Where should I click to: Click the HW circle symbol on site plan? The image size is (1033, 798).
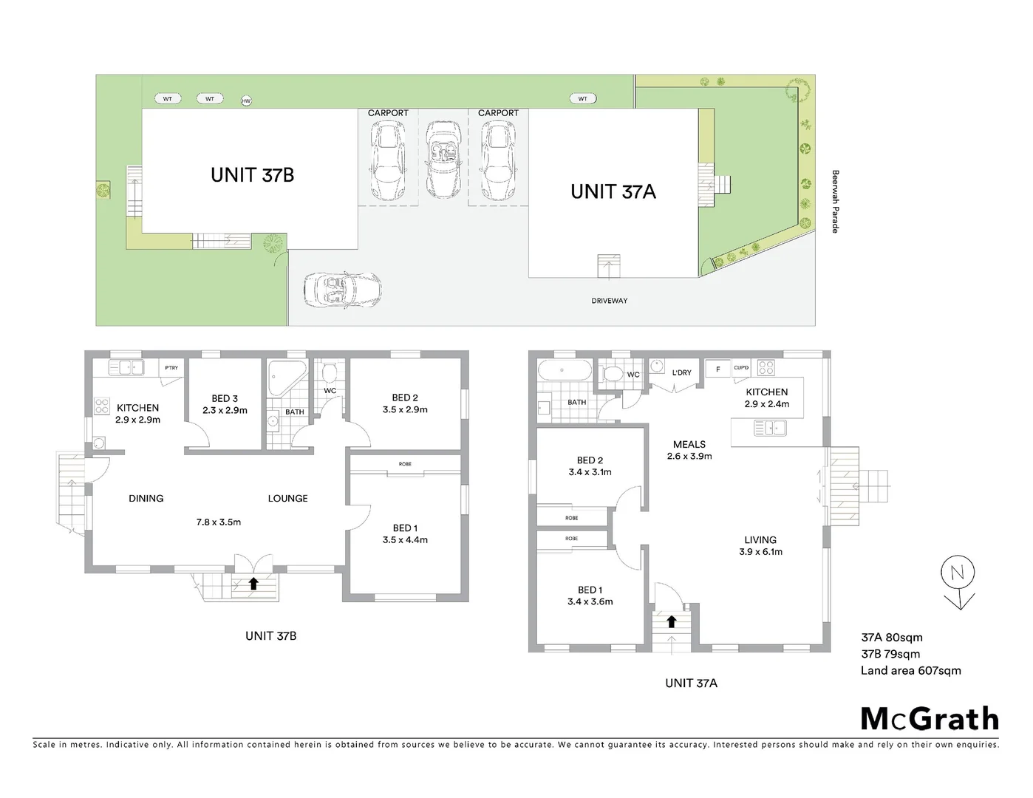(x=246, y=101)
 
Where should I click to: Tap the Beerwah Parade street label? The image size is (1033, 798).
(x=836, y=202)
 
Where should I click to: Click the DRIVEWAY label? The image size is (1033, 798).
(x=609, y=301)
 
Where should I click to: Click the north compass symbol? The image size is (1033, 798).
(x=958, y=582)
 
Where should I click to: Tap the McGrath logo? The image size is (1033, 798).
(x=930, y=719)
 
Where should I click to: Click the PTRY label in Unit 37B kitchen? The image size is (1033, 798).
(x=171, y=368)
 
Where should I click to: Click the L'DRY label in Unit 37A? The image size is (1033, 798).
(x=682, y=372)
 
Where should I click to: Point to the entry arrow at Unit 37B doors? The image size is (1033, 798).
(x=253, y=584)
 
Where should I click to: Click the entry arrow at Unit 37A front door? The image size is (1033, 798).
(x=671, y=621)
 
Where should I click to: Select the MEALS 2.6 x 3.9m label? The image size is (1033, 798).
(x=689, y=450)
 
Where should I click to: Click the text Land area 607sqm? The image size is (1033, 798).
(x=910, y=671)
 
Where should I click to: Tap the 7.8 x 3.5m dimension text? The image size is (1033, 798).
(x=219, y=522)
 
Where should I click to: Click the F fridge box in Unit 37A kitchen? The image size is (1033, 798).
(x=717, y=369)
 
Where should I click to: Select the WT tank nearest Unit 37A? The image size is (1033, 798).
(x=583, y=98)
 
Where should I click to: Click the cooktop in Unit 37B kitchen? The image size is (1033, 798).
(x=102, y=405)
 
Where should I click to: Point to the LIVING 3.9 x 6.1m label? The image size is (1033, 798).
(x=760, y=545)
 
